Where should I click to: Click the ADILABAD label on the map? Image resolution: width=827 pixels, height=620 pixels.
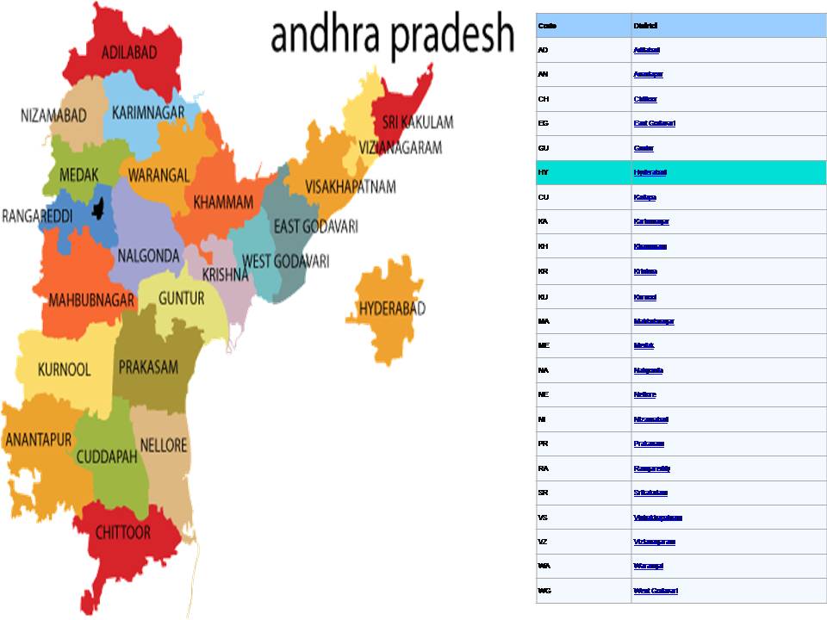pos(129,53)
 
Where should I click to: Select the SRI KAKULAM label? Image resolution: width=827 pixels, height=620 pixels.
pos(418,122)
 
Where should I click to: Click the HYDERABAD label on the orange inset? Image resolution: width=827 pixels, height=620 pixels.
pos(392,308)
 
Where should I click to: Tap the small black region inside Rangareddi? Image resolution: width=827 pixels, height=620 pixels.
pos(102,208)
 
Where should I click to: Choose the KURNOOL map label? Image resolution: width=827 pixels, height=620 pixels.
pos(64,369)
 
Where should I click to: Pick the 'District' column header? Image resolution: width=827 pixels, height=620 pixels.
pos(645,26)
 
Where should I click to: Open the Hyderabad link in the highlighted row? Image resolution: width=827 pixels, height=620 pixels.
pos(650,173)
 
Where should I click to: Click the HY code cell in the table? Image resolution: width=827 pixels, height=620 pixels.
pos(543,173)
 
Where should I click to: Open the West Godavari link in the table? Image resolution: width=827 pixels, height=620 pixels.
pos(656,591)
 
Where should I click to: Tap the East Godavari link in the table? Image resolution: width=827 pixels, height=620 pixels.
pos(654,123)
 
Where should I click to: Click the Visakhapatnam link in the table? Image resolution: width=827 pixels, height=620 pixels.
pos(657,518)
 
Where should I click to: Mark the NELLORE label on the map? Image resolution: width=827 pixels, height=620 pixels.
pos(164,446)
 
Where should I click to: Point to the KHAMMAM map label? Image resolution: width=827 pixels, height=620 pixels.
pos(223,202)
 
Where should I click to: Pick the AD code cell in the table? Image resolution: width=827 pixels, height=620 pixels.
pos(543,50)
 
